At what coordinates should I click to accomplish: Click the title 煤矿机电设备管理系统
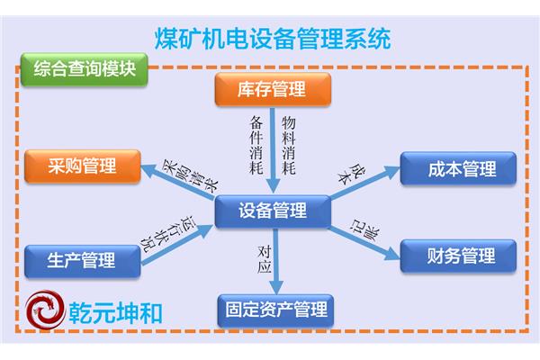click(x=273, y=39)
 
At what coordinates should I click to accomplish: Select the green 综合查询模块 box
click(x=85, y=69)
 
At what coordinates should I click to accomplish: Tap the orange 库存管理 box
click(x=273, y=89)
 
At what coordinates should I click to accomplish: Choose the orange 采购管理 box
click(x=83, y=166)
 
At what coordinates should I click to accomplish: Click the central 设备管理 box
click(x=273, y=211)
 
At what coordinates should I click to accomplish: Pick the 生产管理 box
click(x=83, y=261)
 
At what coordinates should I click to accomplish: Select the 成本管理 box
click(x=458, y=169)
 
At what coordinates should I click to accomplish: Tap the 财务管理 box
click(x=458, y=256)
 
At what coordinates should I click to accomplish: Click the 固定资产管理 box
click(x=275, y=310)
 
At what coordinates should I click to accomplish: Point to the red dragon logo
click(x=46, y=310)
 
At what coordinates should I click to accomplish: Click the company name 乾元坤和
click(x=115, y=313)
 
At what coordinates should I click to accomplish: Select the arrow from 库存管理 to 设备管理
click(x=273, y=150)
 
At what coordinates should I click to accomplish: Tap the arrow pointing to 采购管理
click(x=177, y=182)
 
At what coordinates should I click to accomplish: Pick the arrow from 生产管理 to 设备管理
click(x=177, y=245)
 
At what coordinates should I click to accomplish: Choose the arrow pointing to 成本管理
click(x=365, y=183)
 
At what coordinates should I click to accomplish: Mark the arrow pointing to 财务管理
click(x=365, y=244)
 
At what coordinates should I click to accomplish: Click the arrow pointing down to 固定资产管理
click(x=276, y=261)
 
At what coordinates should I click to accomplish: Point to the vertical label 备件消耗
click(x=256, y=145)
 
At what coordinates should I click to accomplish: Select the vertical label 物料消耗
click(x=289, y=145)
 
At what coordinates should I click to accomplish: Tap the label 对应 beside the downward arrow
click(x=265, y=259)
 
